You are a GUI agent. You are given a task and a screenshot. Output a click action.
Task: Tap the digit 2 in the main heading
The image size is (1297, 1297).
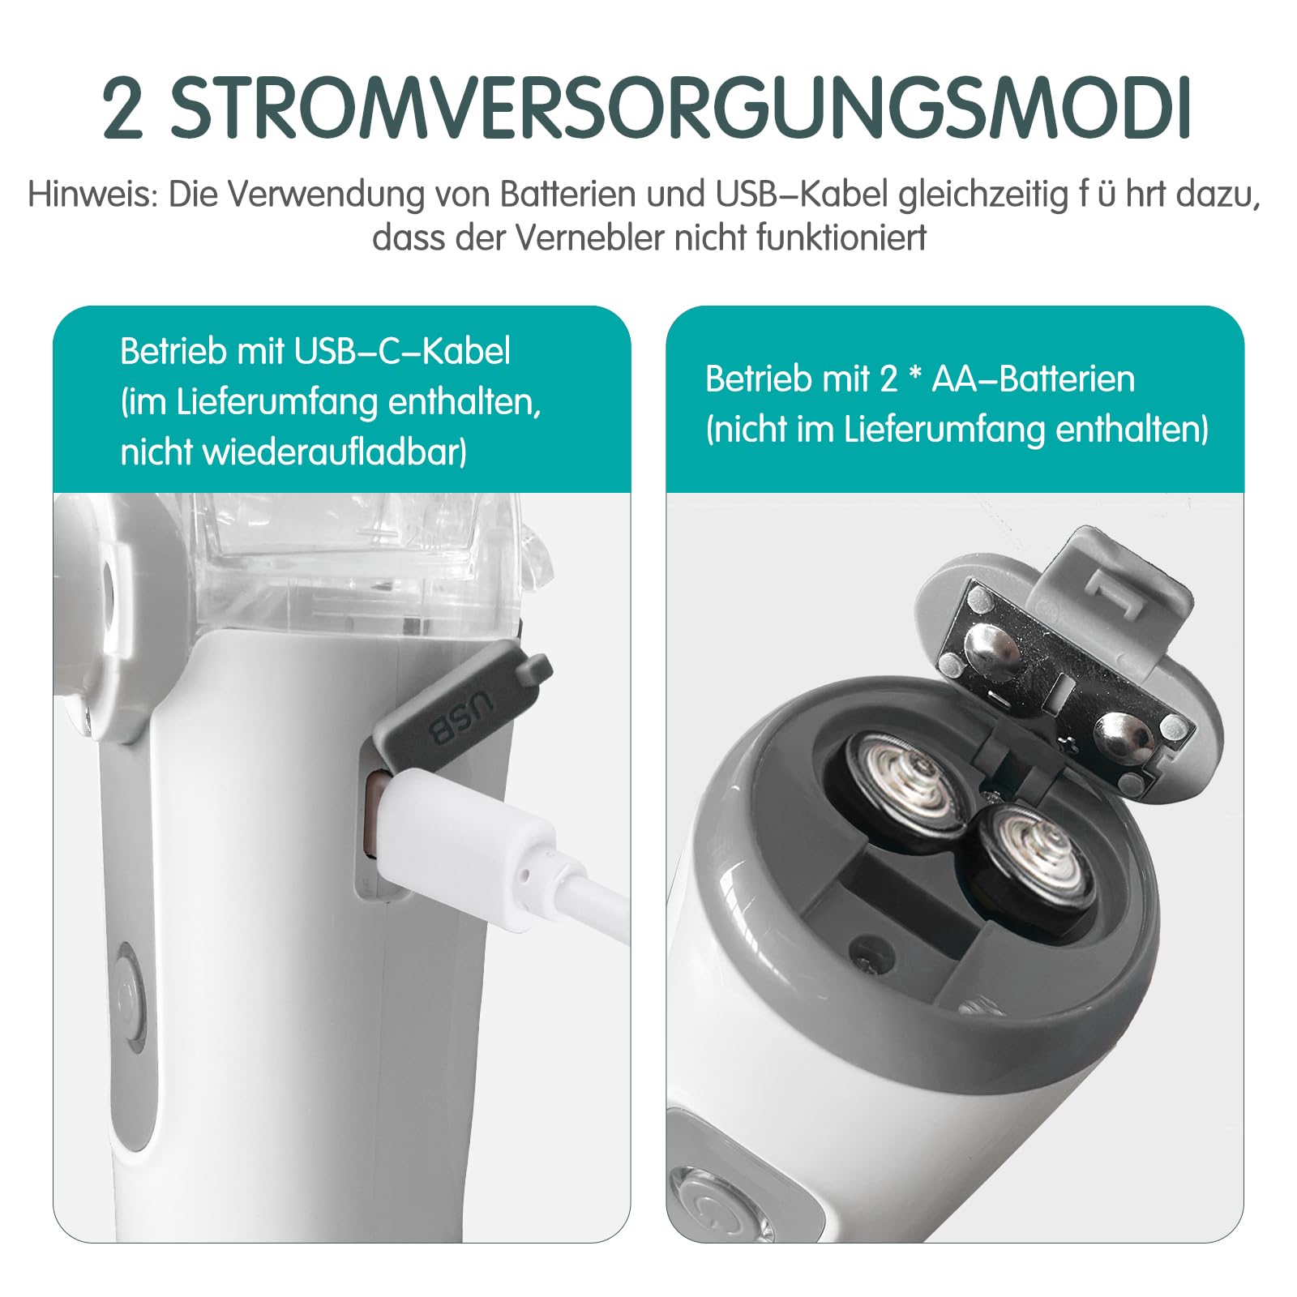[123, 108]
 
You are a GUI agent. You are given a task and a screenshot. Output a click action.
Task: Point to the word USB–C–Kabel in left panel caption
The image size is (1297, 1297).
[402, 351]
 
